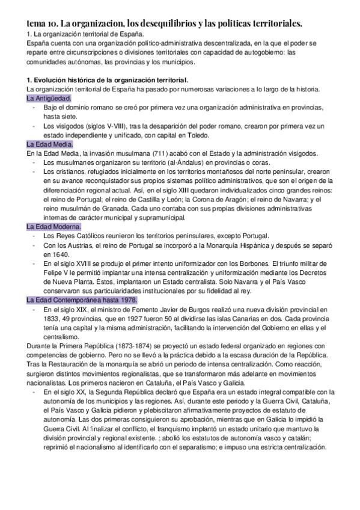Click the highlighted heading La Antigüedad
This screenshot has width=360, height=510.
click(x=49, y=97)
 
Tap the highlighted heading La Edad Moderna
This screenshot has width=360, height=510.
click(x=53, y=227)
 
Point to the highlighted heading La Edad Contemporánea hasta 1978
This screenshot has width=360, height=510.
click(x=82, y=299)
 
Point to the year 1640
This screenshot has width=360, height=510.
click(x=53, y=254)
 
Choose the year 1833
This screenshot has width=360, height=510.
click(x=53, y=318)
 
